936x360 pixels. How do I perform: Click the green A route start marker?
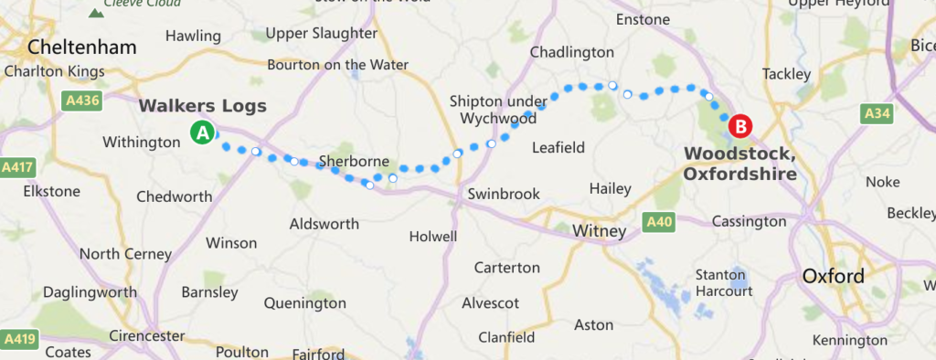(202, 132)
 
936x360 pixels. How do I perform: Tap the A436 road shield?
(80, 100)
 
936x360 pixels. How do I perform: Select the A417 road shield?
(17, 167)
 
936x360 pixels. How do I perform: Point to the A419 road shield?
(18, 340)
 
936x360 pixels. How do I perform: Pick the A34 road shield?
(877, 113)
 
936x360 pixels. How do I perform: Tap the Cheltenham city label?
(82, 47)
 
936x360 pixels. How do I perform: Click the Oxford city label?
(833, 276)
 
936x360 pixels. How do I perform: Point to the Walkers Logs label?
(202, 106)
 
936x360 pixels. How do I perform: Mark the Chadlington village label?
(571, 52)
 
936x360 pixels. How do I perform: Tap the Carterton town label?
(507, 268)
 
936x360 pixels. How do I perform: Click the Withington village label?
(142, 143)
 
